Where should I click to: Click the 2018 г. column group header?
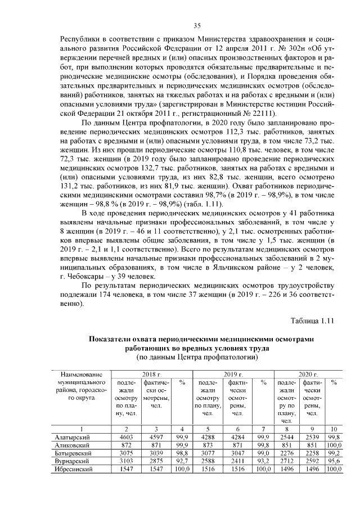(152, 374)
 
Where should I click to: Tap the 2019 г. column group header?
(233, 374)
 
